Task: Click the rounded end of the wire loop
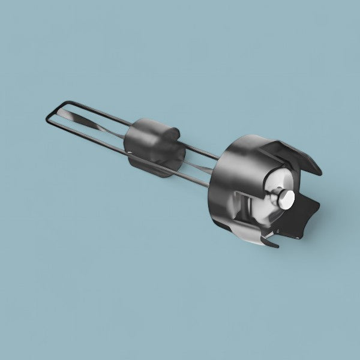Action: point(48,116)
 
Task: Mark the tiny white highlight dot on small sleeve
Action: point(131,153)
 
